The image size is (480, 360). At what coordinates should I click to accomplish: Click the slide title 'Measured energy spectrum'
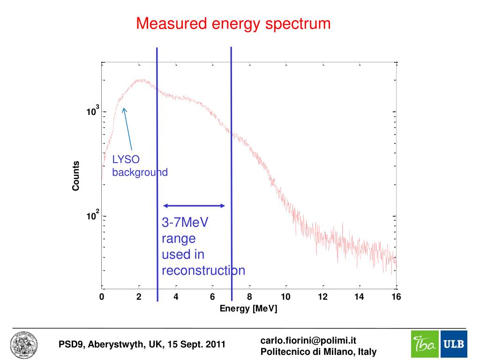233,23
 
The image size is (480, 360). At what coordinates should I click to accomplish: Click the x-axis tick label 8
249,297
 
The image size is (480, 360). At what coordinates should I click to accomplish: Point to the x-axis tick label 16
397,297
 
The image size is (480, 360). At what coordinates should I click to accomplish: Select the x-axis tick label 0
102,297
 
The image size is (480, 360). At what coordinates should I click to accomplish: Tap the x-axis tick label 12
322,297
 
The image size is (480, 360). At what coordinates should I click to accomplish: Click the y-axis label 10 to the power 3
92,112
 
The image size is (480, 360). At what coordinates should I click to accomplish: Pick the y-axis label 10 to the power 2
92,217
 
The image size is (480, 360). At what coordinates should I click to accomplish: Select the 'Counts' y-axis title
75,176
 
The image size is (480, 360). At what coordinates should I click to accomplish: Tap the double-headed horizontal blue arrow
194,205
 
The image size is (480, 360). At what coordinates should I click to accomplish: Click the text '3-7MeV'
185,222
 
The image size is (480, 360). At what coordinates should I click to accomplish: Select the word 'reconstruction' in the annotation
203,270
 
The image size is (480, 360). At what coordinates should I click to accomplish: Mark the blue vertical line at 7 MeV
232,141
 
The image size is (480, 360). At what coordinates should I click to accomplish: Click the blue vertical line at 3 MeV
157,141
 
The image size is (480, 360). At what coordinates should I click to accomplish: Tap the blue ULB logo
453,345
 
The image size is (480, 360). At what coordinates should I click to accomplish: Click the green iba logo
425,345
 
